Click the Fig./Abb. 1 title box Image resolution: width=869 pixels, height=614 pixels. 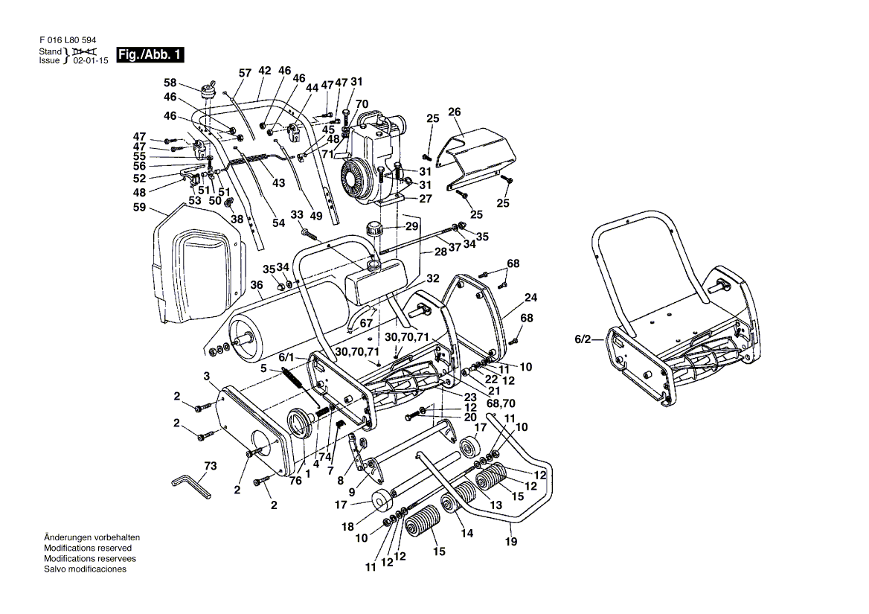[149, 56]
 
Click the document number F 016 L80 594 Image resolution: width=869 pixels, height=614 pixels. [67, 40]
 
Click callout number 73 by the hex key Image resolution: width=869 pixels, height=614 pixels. [211, 467]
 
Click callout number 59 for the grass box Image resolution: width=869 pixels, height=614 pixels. [139, 209]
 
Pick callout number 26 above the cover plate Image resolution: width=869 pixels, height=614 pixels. [455, 112]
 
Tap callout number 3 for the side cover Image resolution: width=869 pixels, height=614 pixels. [207, 374]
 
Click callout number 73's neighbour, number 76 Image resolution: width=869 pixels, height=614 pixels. [295, 480]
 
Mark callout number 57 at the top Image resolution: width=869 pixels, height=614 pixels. [245, 73]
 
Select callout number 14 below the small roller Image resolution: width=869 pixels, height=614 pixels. [466, 533]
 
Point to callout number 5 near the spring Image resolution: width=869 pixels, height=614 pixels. [263, 368]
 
